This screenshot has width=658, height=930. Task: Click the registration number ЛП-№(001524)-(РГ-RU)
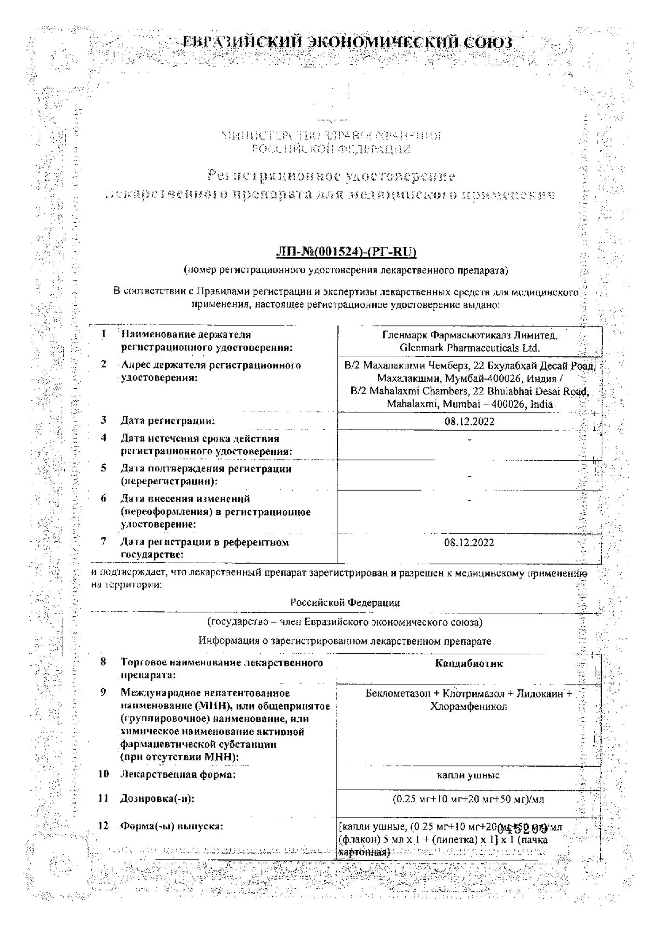346,252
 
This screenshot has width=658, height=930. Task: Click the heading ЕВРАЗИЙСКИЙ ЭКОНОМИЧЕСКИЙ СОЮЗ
347,42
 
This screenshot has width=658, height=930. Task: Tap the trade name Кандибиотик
469,664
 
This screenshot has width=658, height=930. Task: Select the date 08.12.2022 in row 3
469,422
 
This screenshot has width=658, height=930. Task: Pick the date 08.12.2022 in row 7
469,543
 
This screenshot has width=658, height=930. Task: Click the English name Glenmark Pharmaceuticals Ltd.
469,348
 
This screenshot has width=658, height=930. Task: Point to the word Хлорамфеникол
469,707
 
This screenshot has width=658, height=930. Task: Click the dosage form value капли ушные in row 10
468,775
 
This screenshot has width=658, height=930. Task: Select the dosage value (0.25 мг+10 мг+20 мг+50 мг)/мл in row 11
469,799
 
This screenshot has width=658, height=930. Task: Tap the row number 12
103,826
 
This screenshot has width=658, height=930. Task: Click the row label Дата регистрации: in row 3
168,421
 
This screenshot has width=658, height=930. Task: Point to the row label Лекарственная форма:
178,774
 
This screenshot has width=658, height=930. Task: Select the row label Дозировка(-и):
157,799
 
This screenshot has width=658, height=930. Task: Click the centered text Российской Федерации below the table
345,603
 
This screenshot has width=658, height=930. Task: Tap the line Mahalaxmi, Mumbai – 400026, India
469,404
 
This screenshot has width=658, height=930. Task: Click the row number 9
103,692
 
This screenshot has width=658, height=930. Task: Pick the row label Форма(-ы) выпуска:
172,826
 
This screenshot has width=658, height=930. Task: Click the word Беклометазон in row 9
398,694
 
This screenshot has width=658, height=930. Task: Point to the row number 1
103,334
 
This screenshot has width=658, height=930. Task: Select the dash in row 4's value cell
470,440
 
